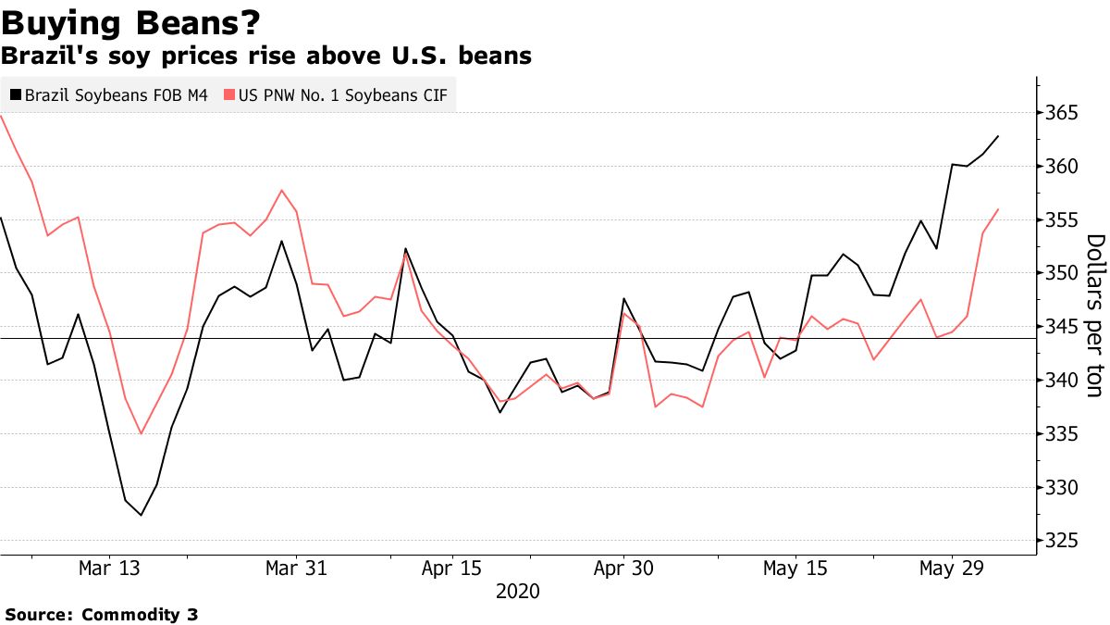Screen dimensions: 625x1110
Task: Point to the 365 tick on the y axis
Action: coord(1062,113)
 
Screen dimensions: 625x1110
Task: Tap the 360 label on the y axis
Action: coord(1062,167)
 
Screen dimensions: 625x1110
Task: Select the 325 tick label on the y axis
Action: coord(1062,541)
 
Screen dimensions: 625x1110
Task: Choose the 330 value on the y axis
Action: coord(1062,487)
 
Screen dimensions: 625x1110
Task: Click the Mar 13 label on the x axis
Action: coord(110,569)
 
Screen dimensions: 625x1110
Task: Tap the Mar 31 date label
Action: coord(295,569)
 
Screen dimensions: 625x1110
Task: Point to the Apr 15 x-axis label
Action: coord(451,569)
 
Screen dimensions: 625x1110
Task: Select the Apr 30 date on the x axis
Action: coord(624,569)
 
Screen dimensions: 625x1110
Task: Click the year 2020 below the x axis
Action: coord(518,592)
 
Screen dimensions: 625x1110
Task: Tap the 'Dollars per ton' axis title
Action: coord(1094,316)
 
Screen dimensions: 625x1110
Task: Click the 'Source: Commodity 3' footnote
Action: coord(102,614)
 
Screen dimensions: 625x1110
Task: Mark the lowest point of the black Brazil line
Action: coord(142,515)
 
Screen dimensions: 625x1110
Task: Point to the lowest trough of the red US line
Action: coord(141,433)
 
